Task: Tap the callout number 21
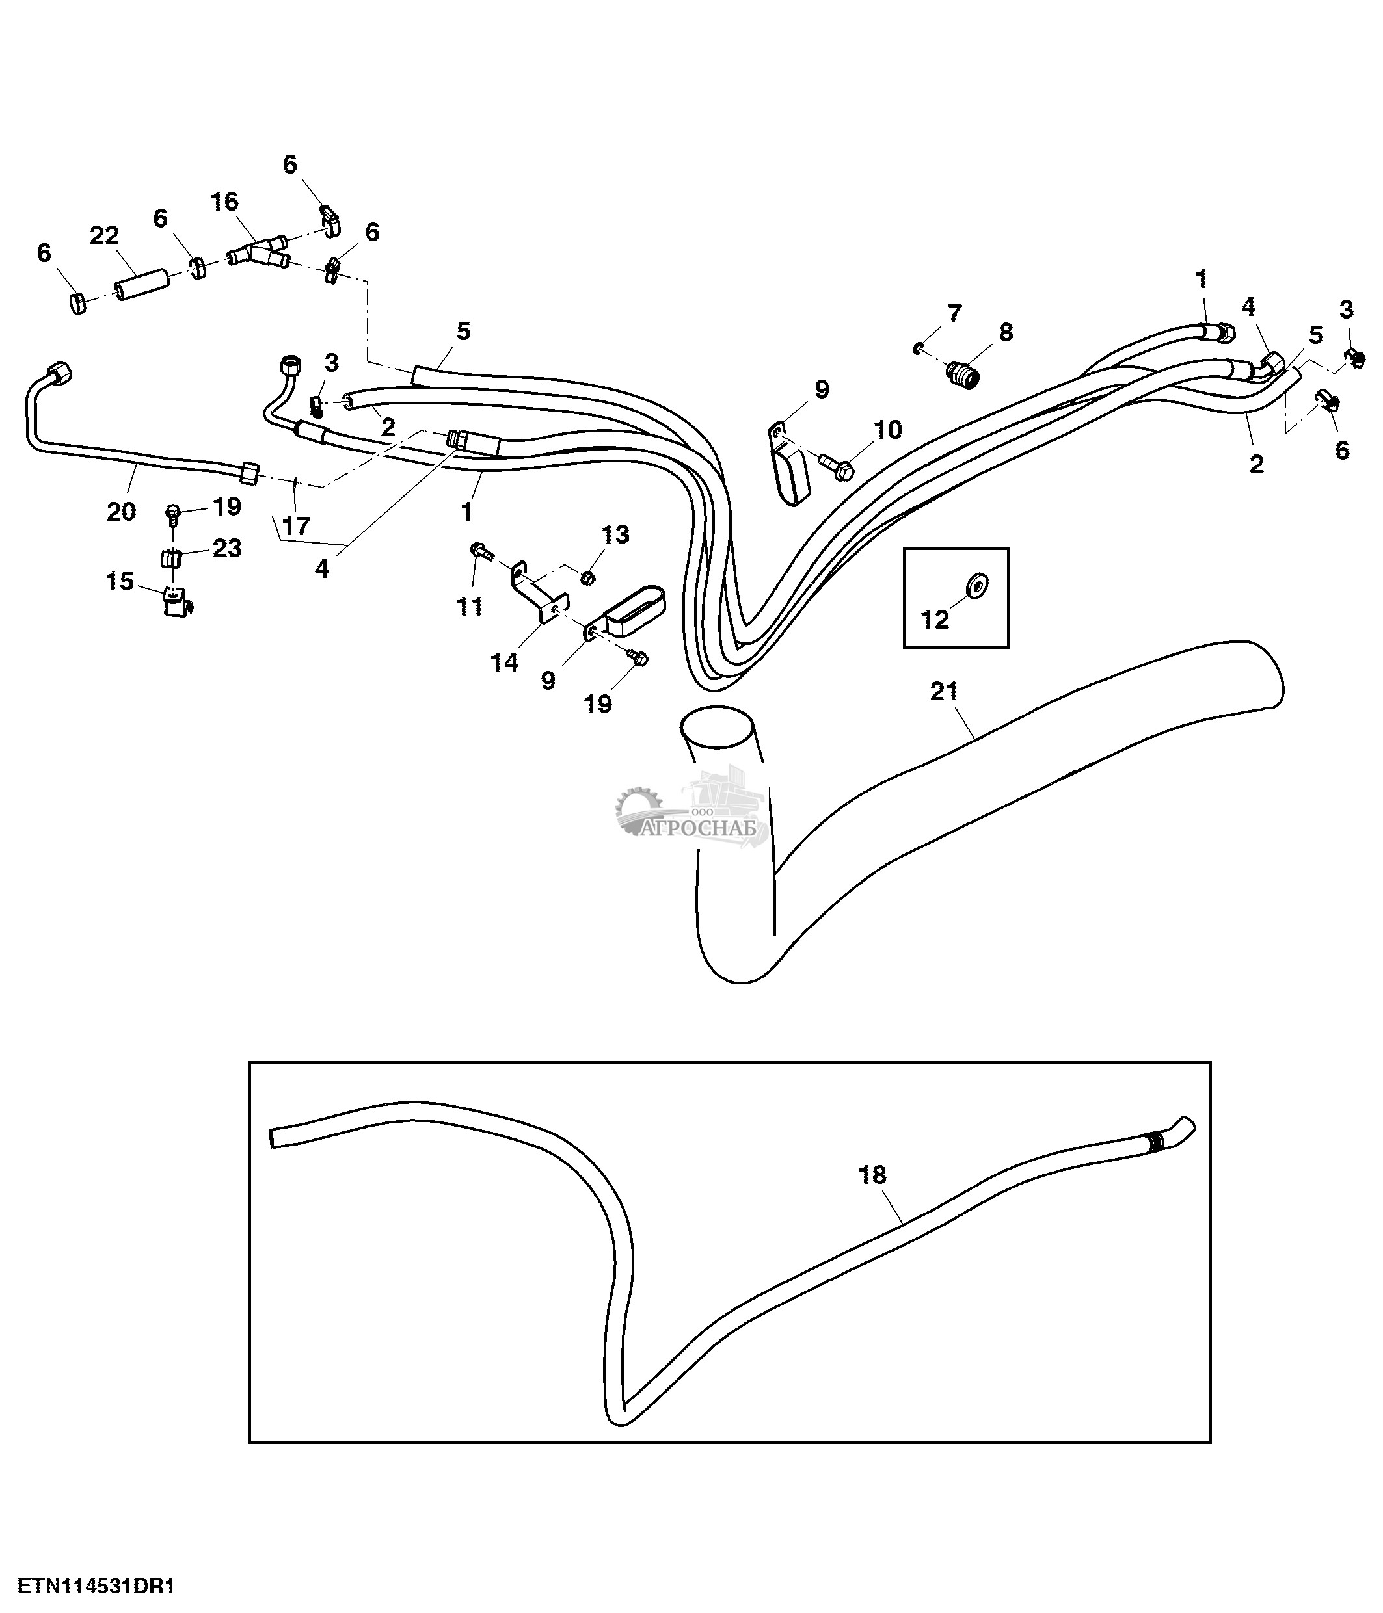[944, 691]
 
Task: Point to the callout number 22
[104, 235]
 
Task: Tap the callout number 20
[121, 512]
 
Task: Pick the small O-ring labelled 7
[919, 348]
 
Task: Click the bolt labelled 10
[837, 466]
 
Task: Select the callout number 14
[504, 662]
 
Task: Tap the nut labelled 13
[589, 577]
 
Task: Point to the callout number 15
[120, 581]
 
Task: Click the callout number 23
[226, 548]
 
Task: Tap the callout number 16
[224, 202]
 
